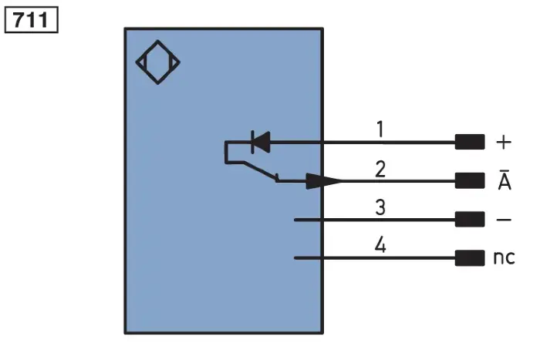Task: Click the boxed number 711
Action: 31,19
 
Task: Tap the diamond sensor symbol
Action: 157,62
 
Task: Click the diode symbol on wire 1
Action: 261,142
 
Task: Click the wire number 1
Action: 380,130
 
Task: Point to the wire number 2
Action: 380,169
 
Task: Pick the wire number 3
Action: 380,207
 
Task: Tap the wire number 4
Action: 380,245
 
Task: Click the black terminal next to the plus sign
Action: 470,142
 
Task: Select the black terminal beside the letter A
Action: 470,180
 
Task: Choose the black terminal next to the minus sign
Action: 470,219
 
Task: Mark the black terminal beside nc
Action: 470,257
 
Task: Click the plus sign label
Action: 504,142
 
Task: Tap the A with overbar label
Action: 505,180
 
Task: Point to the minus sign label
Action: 504,220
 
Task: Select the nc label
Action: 505,257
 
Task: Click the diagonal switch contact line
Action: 261,170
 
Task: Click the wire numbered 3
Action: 375,220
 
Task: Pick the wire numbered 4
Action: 375,257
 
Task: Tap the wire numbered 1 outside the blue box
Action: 389,142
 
